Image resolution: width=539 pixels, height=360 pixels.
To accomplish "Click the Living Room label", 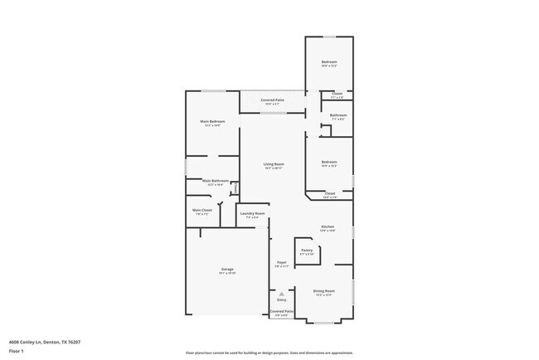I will pyautogui.click(x=274, y=164).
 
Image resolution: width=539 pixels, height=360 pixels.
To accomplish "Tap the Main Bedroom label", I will pyautogui.click(x=212, y=121).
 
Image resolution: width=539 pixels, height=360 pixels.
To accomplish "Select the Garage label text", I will pyautogui.click(x=227, y=270).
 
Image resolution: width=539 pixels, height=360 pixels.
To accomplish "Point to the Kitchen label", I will pyautogui.click(x=328, y=226).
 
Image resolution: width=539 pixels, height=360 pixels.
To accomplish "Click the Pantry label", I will pyautogui.click(x=307, y=250).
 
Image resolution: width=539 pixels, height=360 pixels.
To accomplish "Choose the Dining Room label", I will pyautogui.click(x=324, y=290).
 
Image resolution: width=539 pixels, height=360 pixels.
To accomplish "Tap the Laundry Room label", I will pyautogui.click(x=252, y=214).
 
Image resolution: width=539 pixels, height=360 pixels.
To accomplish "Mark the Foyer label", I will pyautogui.click(x=282, y=262).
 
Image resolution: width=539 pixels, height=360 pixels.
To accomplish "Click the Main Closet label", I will pyautogui.click(x=202, y=210).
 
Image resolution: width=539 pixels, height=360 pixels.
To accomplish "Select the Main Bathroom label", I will pyautogui.click(x=215, y=180).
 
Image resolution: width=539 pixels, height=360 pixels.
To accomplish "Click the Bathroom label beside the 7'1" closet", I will pyautogui.click(x=337, y=115).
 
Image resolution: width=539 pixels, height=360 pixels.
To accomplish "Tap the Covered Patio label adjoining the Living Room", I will pyautogui.click(x=274, y=100).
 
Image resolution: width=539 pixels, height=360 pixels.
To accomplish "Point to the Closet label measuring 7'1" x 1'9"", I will pyautogui.click(x=337, y=94).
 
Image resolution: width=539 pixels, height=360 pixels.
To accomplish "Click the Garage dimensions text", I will pyautogui.click(x=227, y=274).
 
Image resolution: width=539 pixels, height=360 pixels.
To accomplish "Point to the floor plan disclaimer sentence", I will pyautogui.click(x=269, y=353).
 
